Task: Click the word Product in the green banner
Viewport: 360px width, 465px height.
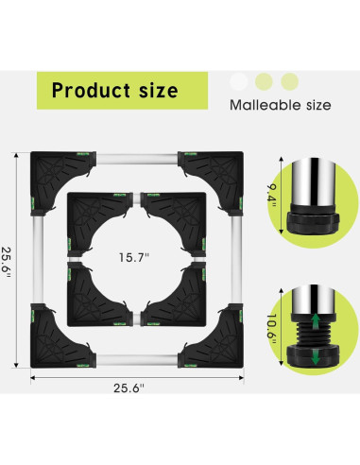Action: (x=91, y=90)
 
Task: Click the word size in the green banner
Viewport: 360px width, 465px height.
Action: (x=159, y=91)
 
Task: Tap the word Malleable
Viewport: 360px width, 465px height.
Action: (x=266, y=105)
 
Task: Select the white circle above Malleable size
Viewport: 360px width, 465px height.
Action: (x=239, y=81)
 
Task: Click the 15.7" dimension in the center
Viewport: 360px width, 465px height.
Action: (x=133, y=257)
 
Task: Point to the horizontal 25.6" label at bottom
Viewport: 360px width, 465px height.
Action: (x=129, y=387)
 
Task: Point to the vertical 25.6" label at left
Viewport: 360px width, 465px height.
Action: (x=7, y=262)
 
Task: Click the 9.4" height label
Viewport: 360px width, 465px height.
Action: (x=271, y=196)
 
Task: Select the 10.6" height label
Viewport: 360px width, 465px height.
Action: (x=271, y=329)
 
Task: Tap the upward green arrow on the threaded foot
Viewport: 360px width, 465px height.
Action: (x=316, y=322)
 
